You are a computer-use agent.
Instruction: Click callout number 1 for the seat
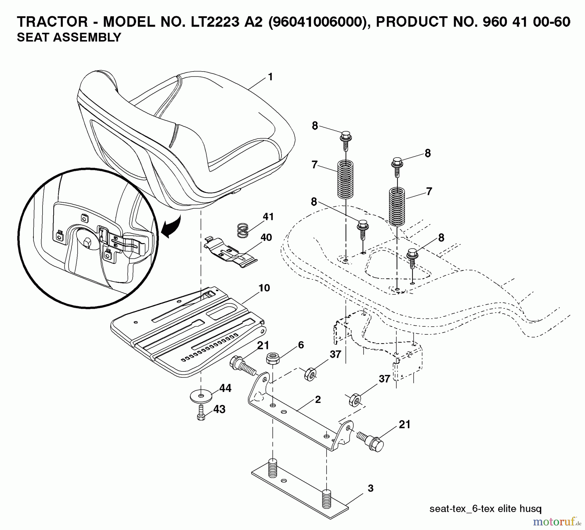click(x=270, y=77)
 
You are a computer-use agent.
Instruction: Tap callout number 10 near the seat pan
click(x=264, y=288)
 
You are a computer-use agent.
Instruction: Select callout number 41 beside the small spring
click(x=268, y=216)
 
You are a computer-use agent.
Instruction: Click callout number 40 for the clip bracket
click(x=266, y=237)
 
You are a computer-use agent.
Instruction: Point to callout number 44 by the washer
click(x=225, y=388)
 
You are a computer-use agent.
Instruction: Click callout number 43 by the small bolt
click(x=219, y=409)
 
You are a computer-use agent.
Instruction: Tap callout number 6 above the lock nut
click(x=301, y=345)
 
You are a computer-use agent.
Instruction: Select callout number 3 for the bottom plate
click(x=370, y=488)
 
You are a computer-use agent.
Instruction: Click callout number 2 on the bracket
click(x=318, y=399)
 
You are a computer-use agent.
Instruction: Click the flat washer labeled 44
click(x=201, y=396)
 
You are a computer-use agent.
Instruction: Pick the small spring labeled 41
click(x=242, y=230)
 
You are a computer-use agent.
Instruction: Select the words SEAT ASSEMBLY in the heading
click(x=69, y=37)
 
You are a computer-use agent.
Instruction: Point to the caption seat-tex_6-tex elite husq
click(x=485, y=509)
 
